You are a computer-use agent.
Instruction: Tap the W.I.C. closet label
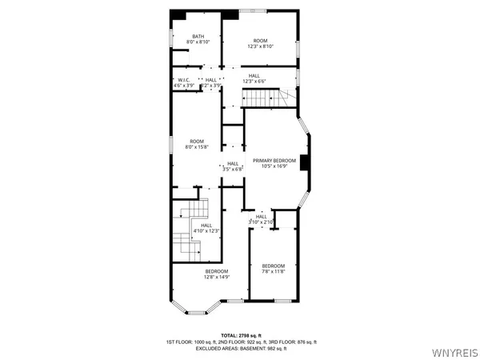(183, 80)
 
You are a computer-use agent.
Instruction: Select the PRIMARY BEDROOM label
(274, 161)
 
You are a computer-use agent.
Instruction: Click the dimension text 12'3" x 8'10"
(260, 46)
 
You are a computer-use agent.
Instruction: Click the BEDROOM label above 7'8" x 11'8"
(274, 266)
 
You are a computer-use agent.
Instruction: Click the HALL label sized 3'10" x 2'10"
(262, 216)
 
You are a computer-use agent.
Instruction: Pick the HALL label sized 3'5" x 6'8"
(233, 163)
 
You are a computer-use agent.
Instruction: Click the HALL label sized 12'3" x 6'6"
(254, 75)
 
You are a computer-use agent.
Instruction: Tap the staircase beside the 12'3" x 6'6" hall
(264, 98)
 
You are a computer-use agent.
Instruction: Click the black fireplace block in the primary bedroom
(304, 160)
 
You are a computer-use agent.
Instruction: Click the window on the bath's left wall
(170, 40)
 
